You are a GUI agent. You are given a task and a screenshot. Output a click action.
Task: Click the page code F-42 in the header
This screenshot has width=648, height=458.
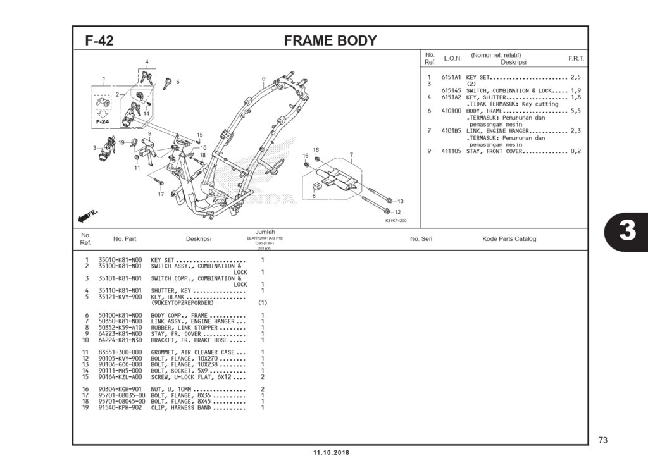click(x=99, y=41)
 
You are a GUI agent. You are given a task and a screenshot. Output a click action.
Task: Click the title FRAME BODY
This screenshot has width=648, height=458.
click(x=330, y=41)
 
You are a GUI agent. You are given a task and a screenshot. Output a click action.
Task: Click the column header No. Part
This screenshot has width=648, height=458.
click(x=125, y=239)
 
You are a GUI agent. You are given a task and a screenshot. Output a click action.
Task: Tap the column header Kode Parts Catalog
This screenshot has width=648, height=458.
click(x=509, y=239)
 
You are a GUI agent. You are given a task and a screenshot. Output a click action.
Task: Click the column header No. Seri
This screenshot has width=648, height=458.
click(x=421, y=239)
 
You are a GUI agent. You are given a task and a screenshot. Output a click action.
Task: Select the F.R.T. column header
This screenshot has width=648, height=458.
click(x=576, y=58)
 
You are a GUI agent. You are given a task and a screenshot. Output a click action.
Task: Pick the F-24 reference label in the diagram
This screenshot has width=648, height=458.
click(x=102, y=121)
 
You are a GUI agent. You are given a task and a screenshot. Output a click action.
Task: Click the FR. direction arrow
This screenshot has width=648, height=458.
click(x=87, y=216)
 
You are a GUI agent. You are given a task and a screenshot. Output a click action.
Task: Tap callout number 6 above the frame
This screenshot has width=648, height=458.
click(x=263, y=78)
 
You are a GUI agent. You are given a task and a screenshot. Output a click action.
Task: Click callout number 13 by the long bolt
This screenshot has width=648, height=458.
click(x=400, y=201)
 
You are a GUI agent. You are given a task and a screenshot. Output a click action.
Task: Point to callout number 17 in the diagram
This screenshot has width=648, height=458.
click(x=161, y=194)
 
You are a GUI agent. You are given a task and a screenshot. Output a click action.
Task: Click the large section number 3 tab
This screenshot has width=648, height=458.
click(x=626, y=232)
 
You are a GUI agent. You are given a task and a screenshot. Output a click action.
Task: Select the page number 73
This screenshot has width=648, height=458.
click(x=602, y=440)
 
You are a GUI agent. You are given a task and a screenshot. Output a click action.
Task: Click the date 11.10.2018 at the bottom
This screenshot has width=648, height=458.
click(x=330, y=452)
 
